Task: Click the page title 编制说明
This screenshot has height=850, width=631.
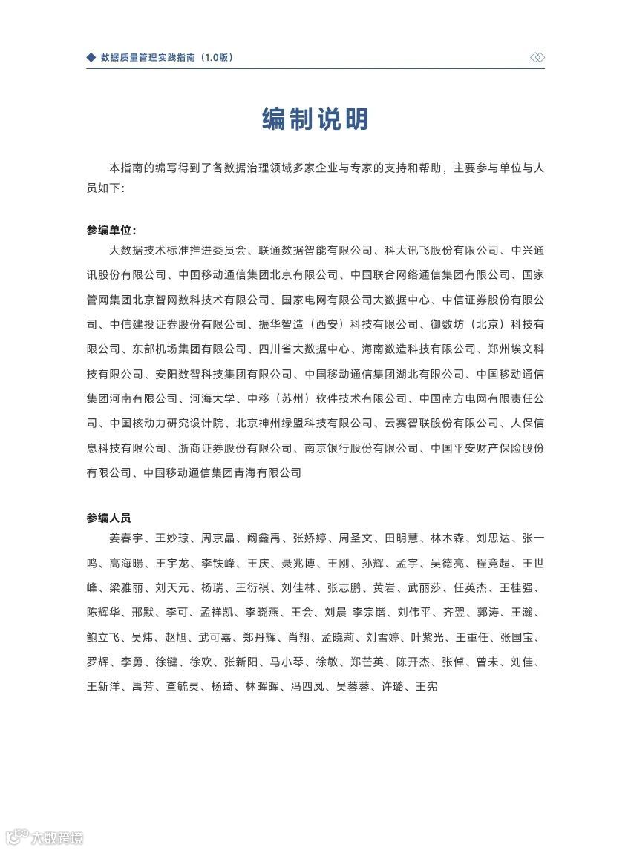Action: pos(315,119)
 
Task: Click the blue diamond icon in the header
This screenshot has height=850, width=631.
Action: pos(91,57)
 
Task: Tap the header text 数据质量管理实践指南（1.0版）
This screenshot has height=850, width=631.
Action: pos(166,57)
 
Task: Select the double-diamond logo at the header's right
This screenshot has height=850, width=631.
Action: pos(537,57)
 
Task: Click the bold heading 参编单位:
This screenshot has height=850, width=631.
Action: pos(111,229)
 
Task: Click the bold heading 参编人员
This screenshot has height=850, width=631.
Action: pos(108,518)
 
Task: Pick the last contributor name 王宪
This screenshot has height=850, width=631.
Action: pos(426,687)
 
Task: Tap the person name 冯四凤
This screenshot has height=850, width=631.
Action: pos(306,687)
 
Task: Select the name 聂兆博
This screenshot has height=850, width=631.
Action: pos(299,563)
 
